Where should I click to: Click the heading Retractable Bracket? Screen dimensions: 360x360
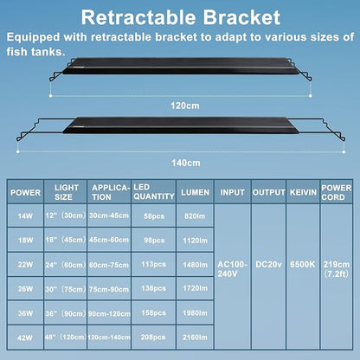point(180,16)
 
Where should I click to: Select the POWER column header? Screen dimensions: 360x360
point(25,192)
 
